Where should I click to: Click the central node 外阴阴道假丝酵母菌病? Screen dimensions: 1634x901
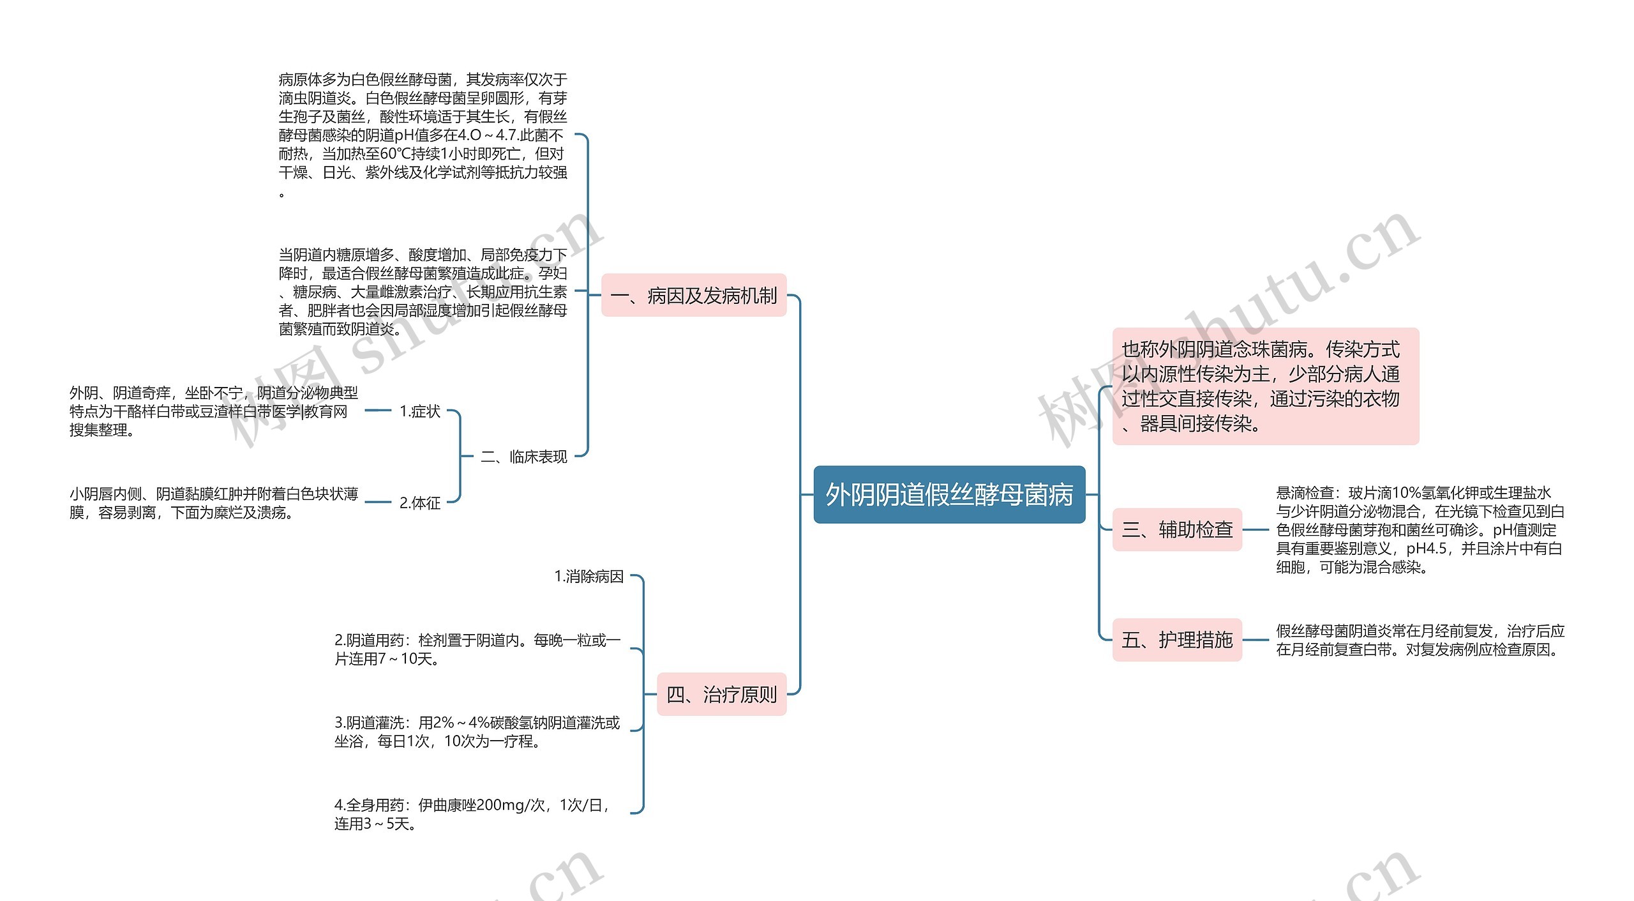[x=949, y=495]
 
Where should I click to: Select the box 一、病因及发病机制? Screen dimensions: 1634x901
[x=694, y=296]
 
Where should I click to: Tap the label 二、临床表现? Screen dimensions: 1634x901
[x=523, y=457]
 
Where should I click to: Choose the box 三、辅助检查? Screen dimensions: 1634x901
[x=1177, y=529]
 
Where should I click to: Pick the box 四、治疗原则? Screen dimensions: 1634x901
[x=721, y=694]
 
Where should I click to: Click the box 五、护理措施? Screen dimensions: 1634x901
[x=1177, y=640]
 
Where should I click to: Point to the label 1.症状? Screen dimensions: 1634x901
[x=419, y=411]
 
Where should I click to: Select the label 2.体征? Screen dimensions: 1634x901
[x=419, y=503]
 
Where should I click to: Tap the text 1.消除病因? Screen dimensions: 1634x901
[x=588, y=577]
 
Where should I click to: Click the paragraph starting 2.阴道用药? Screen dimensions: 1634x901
[x=477, y=649]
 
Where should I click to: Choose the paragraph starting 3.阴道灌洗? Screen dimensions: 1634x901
[x=477, y=732]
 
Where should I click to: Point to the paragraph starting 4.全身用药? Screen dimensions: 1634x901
[x=472, y=814]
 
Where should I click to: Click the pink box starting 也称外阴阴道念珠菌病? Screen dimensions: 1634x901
[x=1265, y=386]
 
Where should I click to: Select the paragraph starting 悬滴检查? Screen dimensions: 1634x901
[x=1420, y=529]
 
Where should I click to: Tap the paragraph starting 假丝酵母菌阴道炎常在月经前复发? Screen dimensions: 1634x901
[x=1420, y=640]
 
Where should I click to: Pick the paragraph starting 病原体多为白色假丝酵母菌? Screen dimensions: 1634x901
[x=423, y=135]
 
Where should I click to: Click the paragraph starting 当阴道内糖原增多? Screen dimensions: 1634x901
[x=423, y=291]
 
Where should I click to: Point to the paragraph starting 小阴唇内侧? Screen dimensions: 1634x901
[x=214, y=503]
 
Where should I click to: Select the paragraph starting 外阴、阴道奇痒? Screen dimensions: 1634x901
[x=214, y=411]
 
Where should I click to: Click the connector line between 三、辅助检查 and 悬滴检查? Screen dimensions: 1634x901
[x=1256, y=529]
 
